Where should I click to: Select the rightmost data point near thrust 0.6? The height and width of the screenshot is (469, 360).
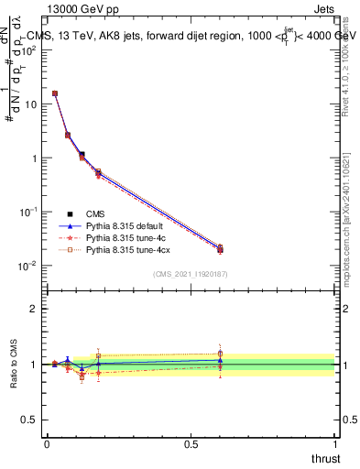coord(220,249)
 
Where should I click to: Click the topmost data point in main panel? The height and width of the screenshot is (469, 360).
coord(55,93)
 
